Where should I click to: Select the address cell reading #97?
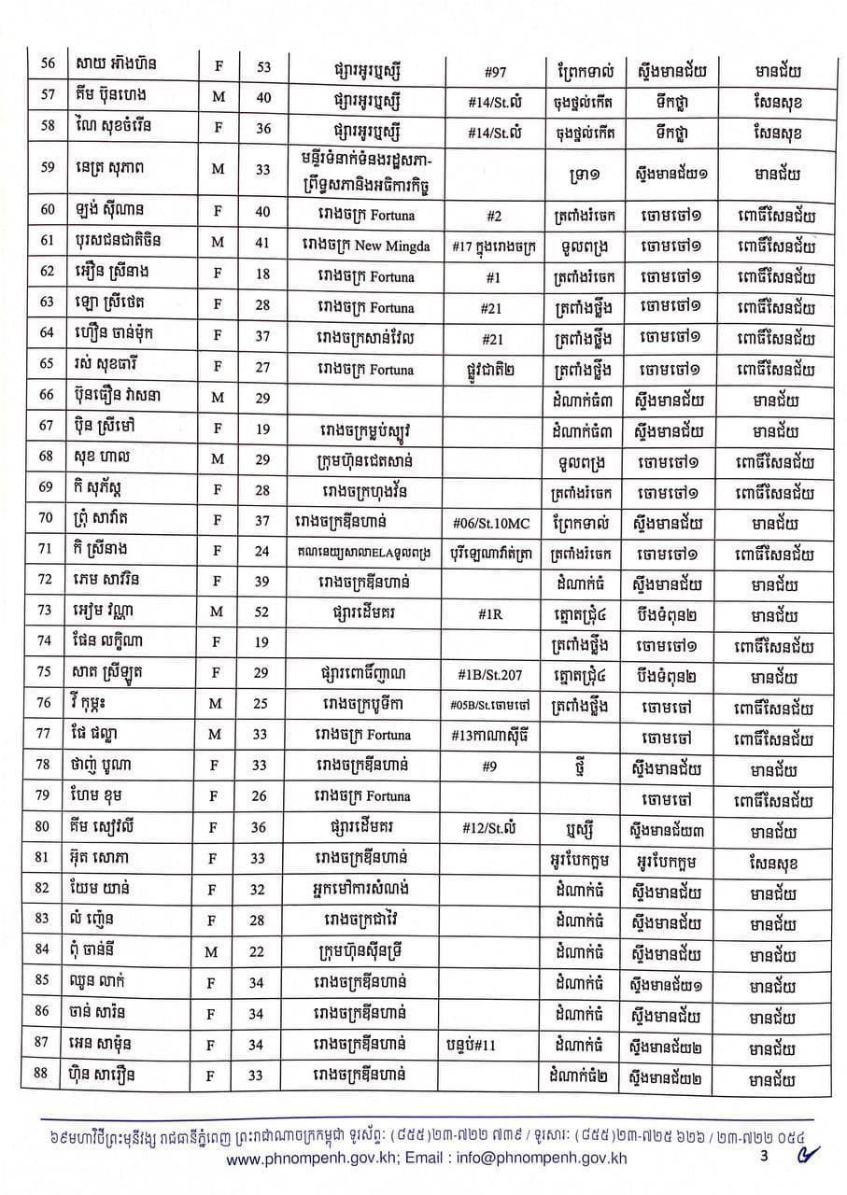point(495,70)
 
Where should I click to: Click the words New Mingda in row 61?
point(404,246)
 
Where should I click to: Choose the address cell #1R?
point(495,616)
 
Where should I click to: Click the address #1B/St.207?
point(495,677)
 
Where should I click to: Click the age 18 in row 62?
point(262,277)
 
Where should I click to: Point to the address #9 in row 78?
point(495,766)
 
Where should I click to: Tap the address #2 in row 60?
point(495,217)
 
